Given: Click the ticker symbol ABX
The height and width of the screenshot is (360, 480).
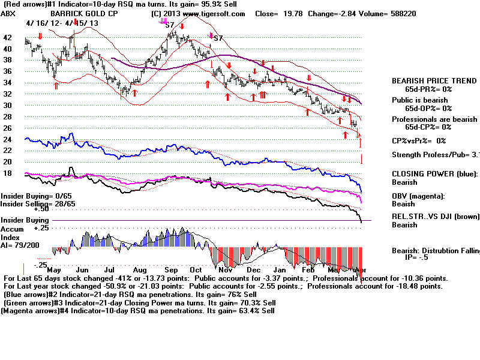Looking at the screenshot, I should [x=8, y=13].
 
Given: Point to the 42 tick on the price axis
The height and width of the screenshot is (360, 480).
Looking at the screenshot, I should [x=8, y=37].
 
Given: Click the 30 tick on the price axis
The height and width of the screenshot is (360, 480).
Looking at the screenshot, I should [x=8, y=105].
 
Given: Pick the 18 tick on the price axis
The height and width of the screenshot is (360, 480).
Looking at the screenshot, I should [x=8, y=173].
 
